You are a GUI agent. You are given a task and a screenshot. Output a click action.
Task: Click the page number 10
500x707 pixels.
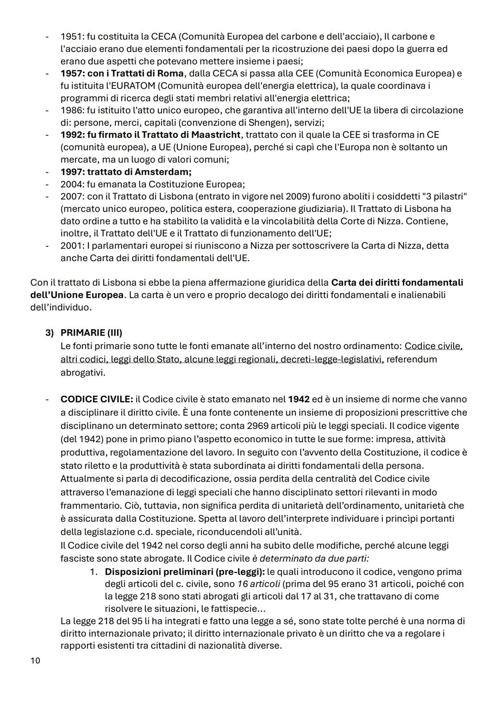pyautogui.click(x=35, y=660)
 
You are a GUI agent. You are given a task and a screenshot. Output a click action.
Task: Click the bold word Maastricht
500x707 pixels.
pyautogui.click(x=216, y=135)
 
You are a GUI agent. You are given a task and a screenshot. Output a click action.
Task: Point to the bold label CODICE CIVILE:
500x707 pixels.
pyautogui.click(x=97, y=399)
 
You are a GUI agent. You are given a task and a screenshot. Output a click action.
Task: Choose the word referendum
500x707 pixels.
pyautogui.click(x=412, y=359)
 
